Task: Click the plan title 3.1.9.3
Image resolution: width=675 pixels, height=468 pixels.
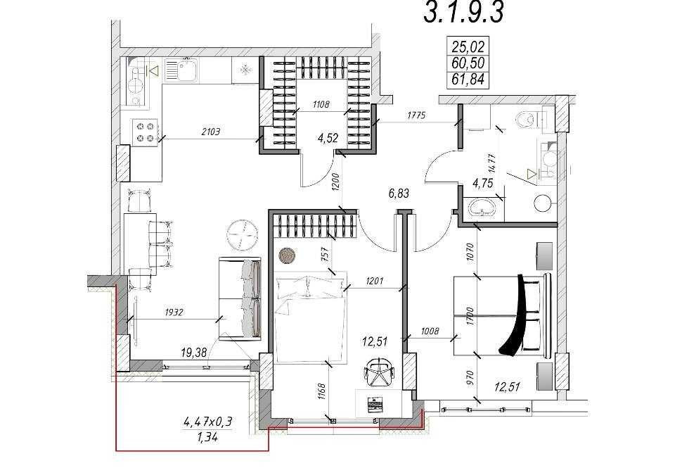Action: [x=463, y=12]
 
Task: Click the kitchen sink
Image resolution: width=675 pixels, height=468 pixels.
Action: [x=182, y=70]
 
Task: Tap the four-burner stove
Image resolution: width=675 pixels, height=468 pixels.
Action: [x=145, y=132]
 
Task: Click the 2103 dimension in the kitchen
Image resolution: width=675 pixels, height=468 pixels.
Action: [x=210, y=132]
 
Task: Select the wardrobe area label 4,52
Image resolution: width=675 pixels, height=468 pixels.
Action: [x=328, y=139]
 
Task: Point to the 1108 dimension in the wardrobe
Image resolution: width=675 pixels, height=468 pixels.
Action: [x=321, y=104]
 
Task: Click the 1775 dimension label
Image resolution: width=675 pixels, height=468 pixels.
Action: [x=416, y=115]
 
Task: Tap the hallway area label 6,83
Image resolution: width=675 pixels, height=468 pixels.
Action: [x=399, y=194]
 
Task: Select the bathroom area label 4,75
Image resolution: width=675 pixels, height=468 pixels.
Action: [x=482, y=183]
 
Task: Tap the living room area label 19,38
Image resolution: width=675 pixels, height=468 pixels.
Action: [x=194, y=353]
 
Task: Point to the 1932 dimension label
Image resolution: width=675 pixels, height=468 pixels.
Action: [x=174, y=312]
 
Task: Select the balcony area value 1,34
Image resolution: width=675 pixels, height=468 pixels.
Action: [x=207, y=438]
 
